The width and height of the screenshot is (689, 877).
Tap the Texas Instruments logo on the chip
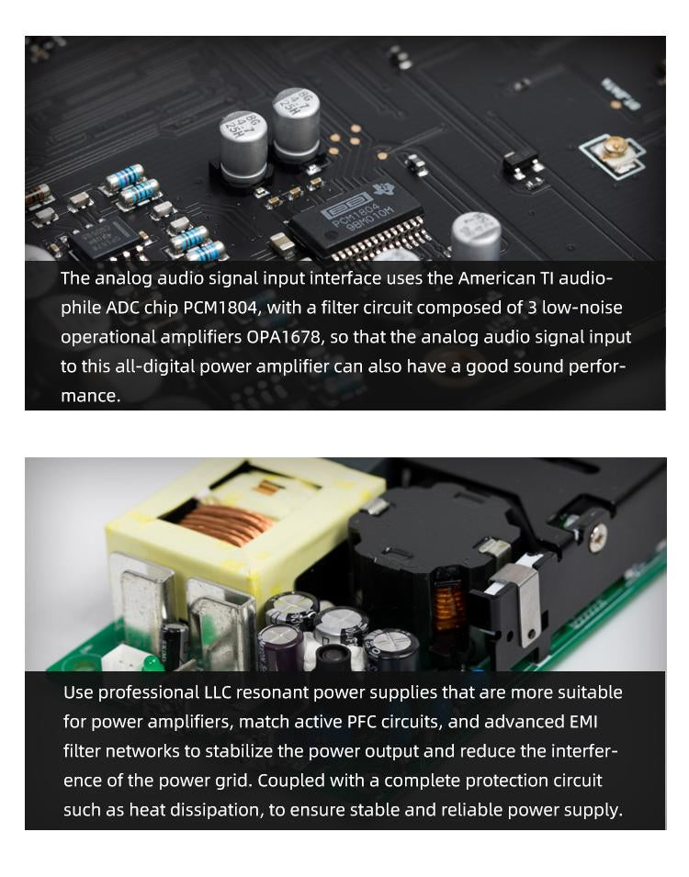(384, 189)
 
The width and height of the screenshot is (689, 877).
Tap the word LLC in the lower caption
(217, 692)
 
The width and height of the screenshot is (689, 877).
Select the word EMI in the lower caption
(583, 722)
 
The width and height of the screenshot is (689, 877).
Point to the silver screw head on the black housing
(598, 534)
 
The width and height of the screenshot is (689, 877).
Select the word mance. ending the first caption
(91, 396)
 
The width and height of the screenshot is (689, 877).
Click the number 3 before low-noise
(532, 308)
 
